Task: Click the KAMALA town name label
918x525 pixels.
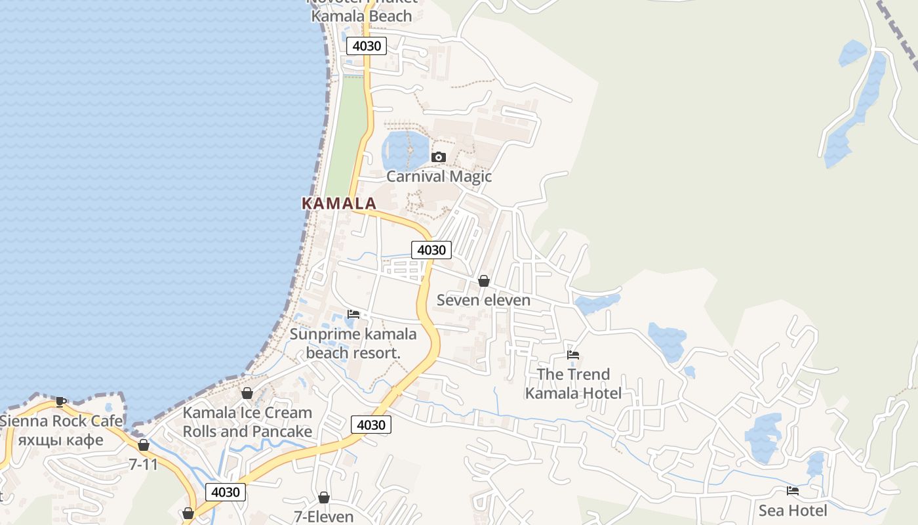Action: click(339, 203)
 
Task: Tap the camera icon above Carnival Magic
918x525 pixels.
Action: click(439, 157)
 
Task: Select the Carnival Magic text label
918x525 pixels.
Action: click(439, 176)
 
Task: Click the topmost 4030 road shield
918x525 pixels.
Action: click(367, 46)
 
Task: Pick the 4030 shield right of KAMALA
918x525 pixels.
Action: click(431, 249)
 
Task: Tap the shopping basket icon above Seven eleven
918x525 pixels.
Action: click(484, 281)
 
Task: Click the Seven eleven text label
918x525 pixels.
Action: click(484, 301)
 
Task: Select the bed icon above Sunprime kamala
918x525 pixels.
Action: click(353, 314)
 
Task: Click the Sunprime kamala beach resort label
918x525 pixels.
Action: click(353, 343)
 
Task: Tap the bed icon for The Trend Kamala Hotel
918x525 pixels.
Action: click(573, 355)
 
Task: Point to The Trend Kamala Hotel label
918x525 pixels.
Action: click(573, 383)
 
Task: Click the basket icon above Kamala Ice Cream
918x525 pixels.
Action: click(247, 393)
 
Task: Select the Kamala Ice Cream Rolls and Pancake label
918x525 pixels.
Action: click(247, 422)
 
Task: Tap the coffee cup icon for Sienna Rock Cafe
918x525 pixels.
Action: click(61, 401)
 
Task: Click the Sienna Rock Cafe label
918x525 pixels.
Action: click(61, 421)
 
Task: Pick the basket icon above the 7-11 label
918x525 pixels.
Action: click(144, 445)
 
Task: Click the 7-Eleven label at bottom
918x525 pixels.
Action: click(324, 516)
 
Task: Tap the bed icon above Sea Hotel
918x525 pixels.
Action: click(793, 490)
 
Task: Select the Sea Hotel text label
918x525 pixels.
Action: click(793, 510)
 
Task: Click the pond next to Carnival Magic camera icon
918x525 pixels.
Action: click(403, 150)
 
